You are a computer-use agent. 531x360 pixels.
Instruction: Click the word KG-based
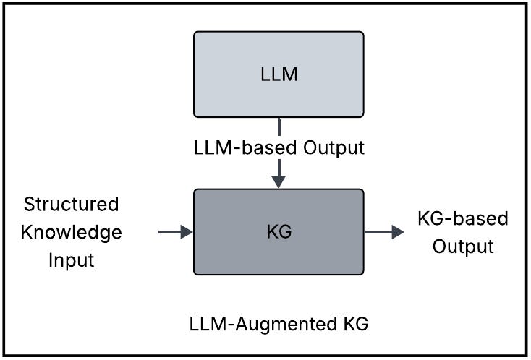tap(463, 218)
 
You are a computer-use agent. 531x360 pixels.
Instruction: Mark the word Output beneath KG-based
tap(463, 247)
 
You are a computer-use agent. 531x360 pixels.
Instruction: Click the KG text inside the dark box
tap(279, 233)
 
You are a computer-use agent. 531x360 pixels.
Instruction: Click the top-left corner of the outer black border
tap(2, 2)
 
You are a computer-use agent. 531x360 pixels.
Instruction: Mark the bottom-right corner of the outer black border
tap(528, 356)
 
